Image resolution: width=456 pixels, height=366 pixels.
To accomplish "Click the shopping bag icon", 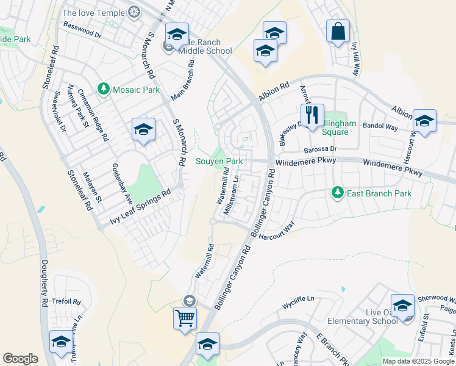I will point(338,31).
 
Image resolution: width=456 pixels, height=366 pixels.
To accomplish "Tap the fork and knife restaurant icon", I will point(312,115).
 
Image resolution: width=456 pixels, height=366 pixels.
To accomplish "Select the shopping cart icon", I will point(185,318).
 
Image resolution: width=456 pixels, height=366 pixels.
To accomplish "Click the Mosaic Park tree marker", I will point(104,90).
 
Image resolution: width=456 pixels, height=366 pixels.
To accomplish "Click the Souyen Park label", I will point(219,162).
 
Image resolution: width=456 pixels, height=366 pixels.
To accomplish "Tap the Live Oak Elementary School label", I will point(363,317).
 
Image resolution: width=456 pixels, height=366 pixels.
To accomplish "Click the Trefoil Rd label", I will point(67,301).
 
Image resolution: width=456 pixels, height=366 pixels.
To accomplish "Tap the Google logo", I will point(20,359).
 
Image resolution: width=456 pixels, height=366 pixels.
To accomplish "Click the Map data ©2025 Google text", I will point(418,361).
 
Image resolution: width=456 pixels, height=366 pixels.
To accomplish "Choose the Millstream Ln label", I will point(235,194).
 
